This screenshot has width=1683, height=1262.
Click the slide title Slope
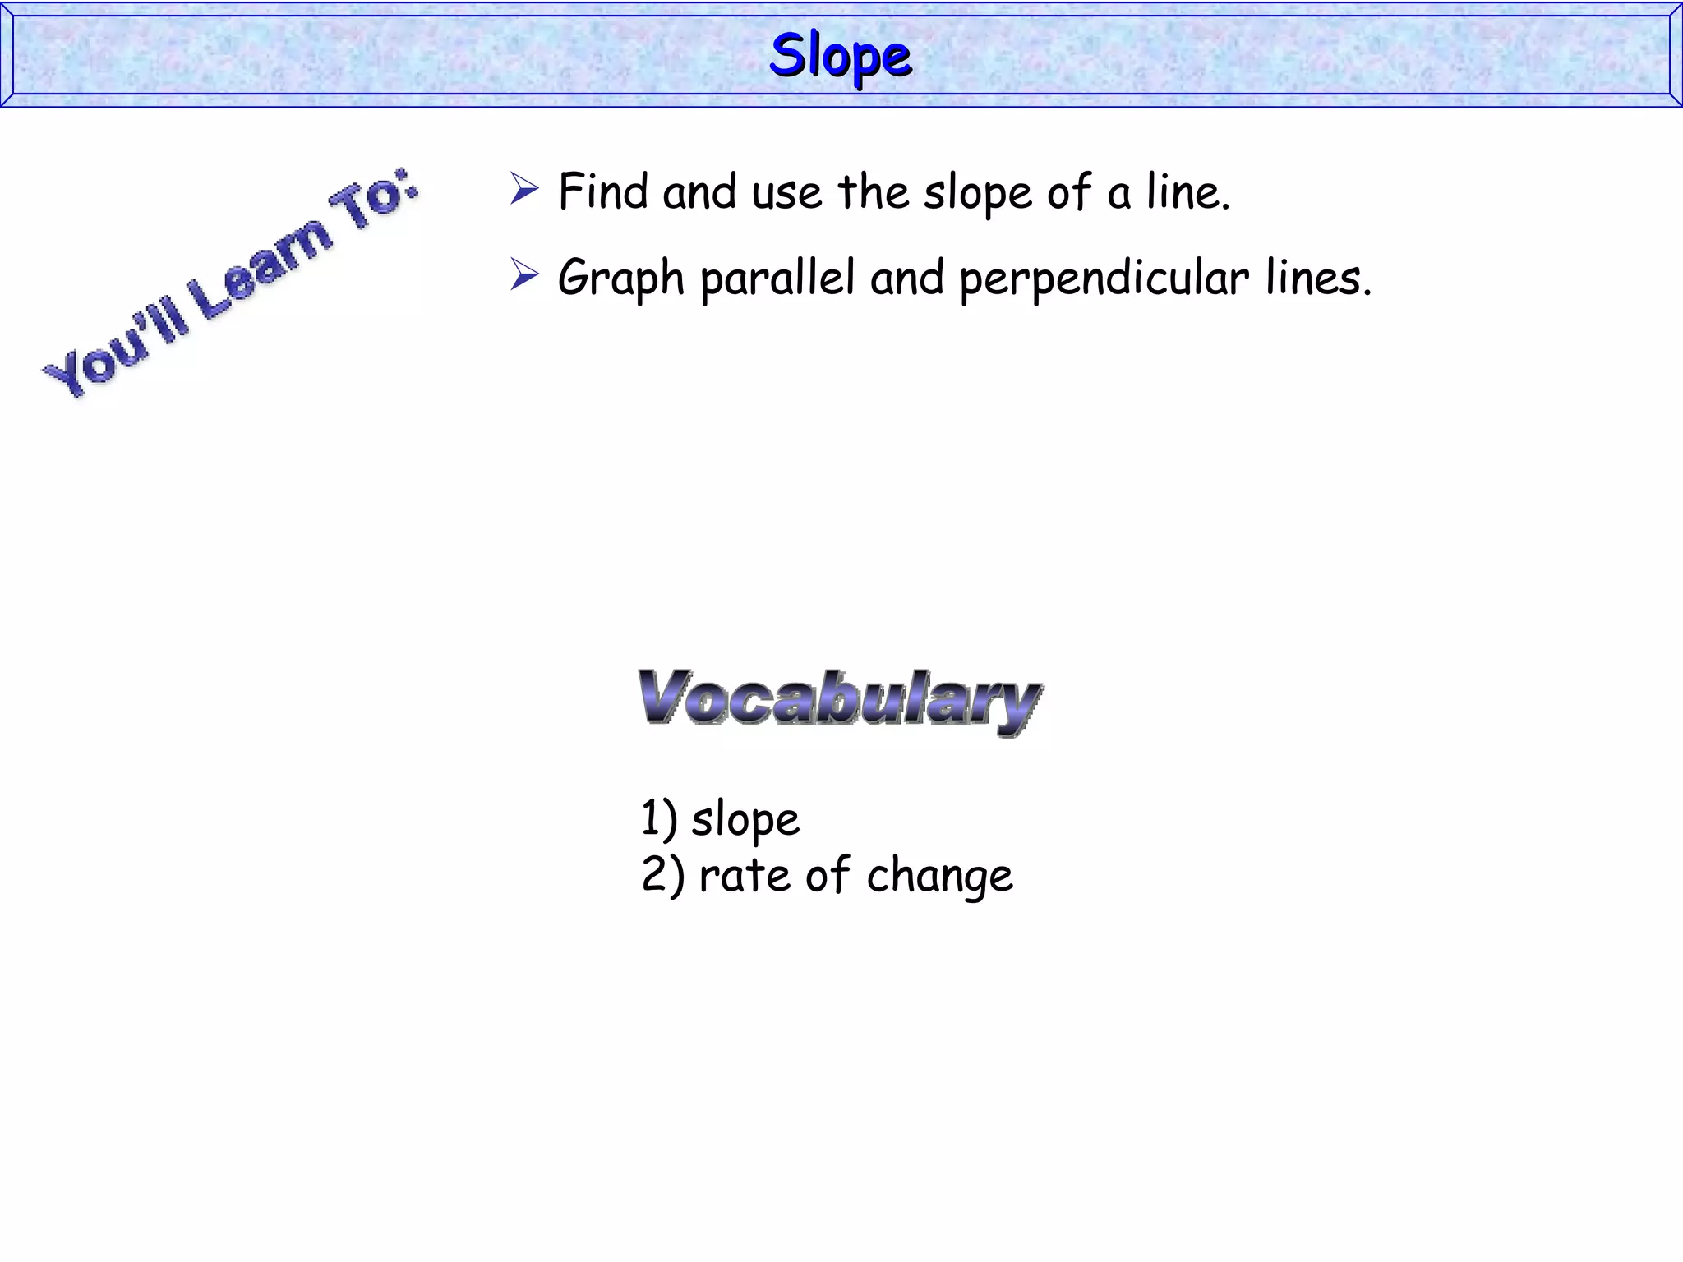pyautogui.click(x=840, y=56)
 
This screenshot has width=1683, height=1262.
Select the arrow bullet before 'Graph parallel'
pyautogui.click(x=523, y=274)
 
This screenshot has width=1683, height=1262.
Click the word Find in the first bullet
pyautogui.click(x=603, y=191)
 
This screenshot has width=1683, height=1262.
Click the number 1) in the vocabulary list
pyautogui.click(x=658, y=818)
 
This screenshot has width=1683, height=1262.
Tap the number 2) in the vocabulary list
pyautogui.click(x=662, y=874)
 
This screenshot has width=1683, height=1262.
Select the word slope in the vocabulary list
pyautogui.click(x=745, y=821)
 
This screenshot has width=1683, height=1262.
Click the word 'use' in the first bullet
pyautogui.click(x=786, y=194)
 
